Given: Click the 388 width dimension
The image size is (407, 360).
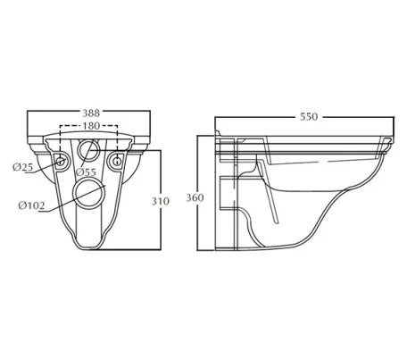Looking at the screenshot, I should coord(90,113).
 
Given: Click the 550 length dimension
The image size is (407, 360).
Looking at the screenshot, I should coord(307,117).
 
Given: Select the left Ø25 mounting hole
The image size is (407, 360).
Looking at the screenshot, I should coord(62,162).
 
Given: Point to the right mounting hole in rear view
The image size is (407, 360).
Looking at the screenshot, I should coord(118,162).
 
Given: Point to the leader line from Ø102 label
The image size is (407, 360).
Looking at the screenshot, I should coord(62,202).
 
